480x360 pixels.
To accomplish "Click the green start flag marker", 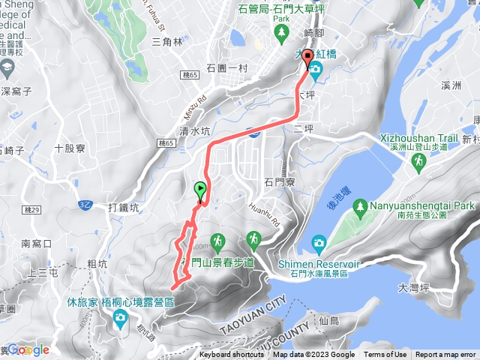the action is coord(200,190).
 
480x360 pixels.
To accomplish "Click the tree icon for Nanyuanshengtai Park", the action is coord(361,205).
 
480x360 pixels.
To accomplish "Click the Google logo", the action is coord(28,349).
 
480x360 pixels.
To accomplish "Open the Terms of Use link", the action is coord(385,355).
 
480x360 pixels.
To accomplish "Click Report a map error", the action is coord(445,355).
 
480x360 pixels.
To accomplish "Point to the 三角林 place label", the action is coord(167,42).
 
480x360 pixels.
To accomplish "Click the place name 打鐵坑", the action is coord(124,208).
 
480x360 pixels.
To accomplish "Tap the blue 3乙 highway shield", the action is coord(85,204).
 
